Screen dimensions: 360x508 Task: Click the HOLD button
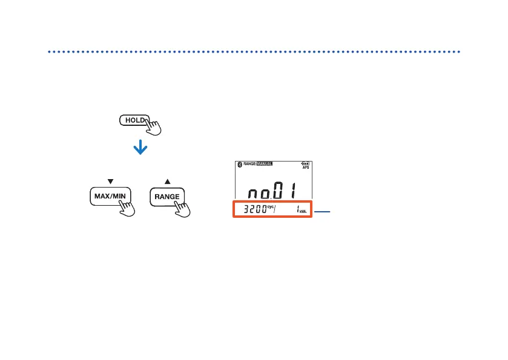[x=132, y=120]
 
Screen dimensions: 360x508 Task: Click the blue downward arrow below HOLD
[x=140, y=148]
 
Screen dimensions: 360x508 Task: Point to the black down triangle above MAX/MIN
[x=110, y=180]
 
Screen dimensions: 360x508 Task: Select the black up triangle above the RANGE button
[x=167, y=180]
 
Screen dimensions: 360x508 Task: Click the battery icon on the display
[x=305, y=163]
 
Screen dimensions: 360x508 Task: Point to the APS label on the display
[x=305, y=168]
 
